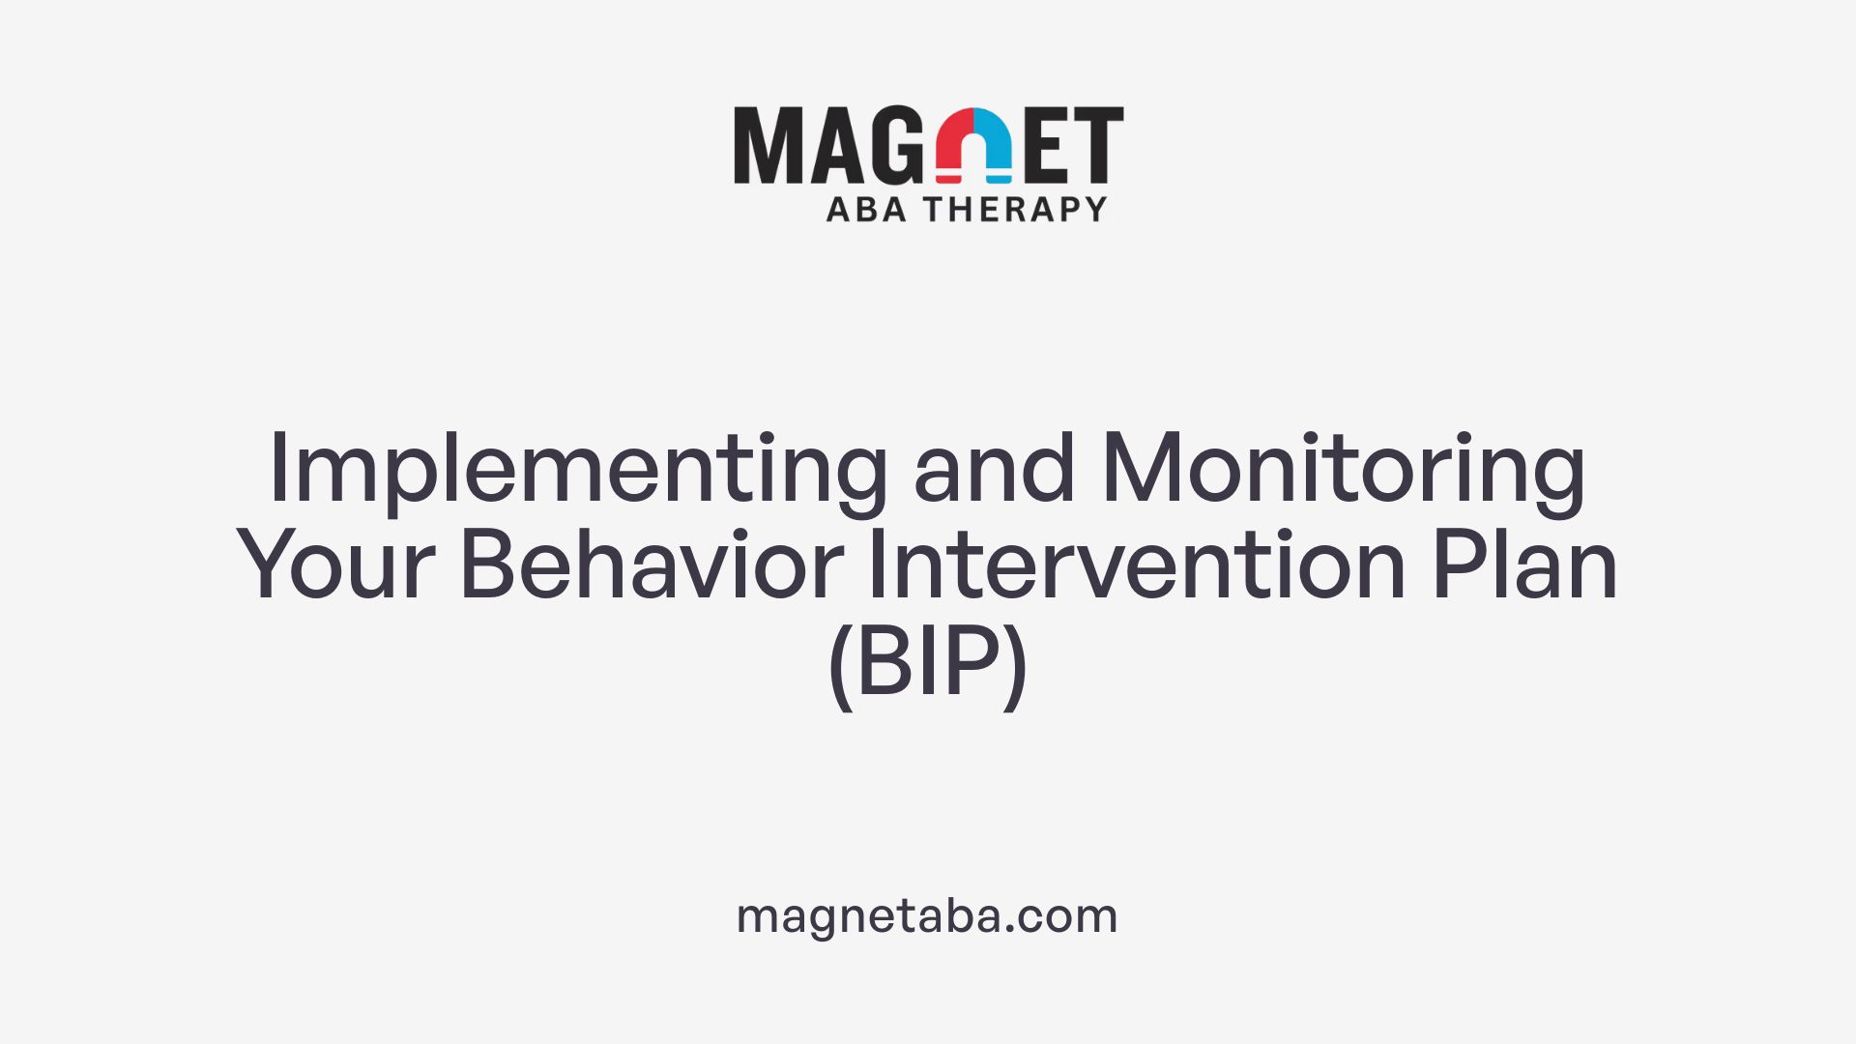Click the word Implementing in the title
577,471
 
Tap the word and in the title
994,469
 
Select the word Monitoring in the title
1344,471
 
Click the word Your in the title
335,565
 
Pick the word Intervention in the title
1137,565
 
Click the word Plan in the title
1524,565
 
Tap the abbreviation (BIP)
928,663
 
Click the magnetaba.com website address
927,915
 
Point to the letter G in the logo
896,145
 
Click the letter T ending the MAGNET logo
1099,145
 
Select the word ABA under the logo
866,209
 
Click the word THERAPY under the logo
1015,209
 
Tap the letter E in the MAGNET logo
1047,145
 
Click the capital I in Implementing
279,469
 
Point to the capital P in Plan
1456,565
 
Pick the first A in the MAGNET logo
834,145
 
